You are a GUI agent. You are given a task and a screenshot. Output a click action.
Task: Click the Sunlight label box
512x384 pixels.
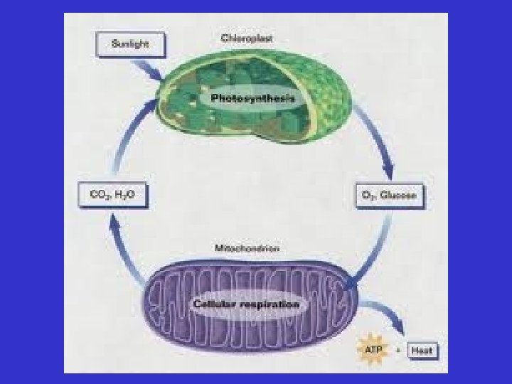click(130, 46)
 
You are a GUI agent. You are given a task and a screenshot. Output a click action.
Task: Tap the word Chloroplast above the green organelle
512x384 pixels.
click(242, 38)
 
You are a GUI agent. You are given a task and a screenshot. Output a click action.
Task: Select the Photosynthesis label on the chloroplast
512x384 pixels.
click(252, 99)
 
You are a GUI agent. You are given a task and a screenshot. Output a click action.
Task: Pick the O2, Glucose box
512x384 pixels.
click(389, 195)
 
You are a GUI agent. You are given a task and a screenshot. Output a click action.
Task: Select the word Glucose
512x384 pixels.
click(400, 195)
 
